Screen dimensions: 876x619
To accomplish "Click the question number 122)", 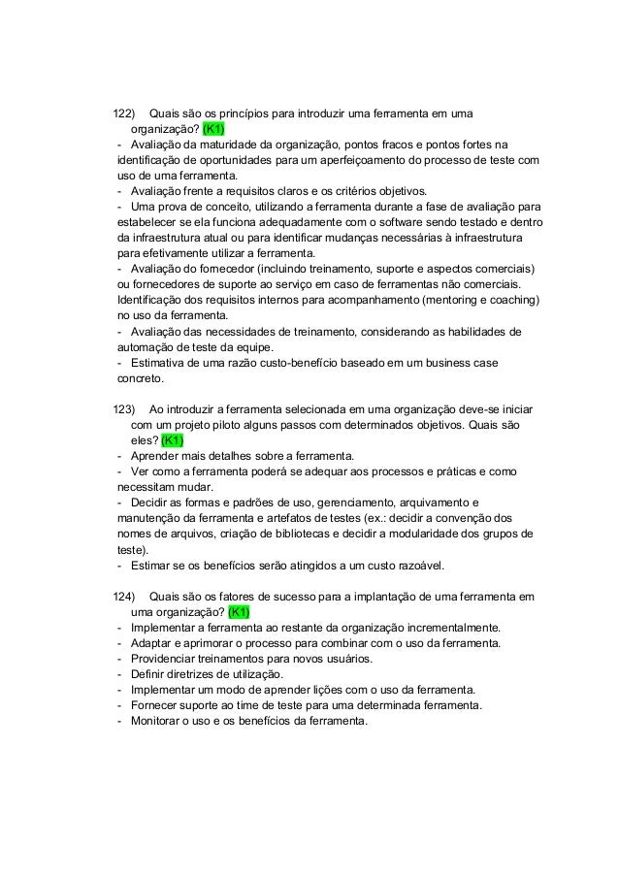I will point(125,113).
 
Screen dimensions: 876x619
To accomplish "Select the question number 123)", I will point(125,409).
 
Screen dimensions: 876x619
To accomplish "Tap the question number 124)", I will point(125,596).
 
